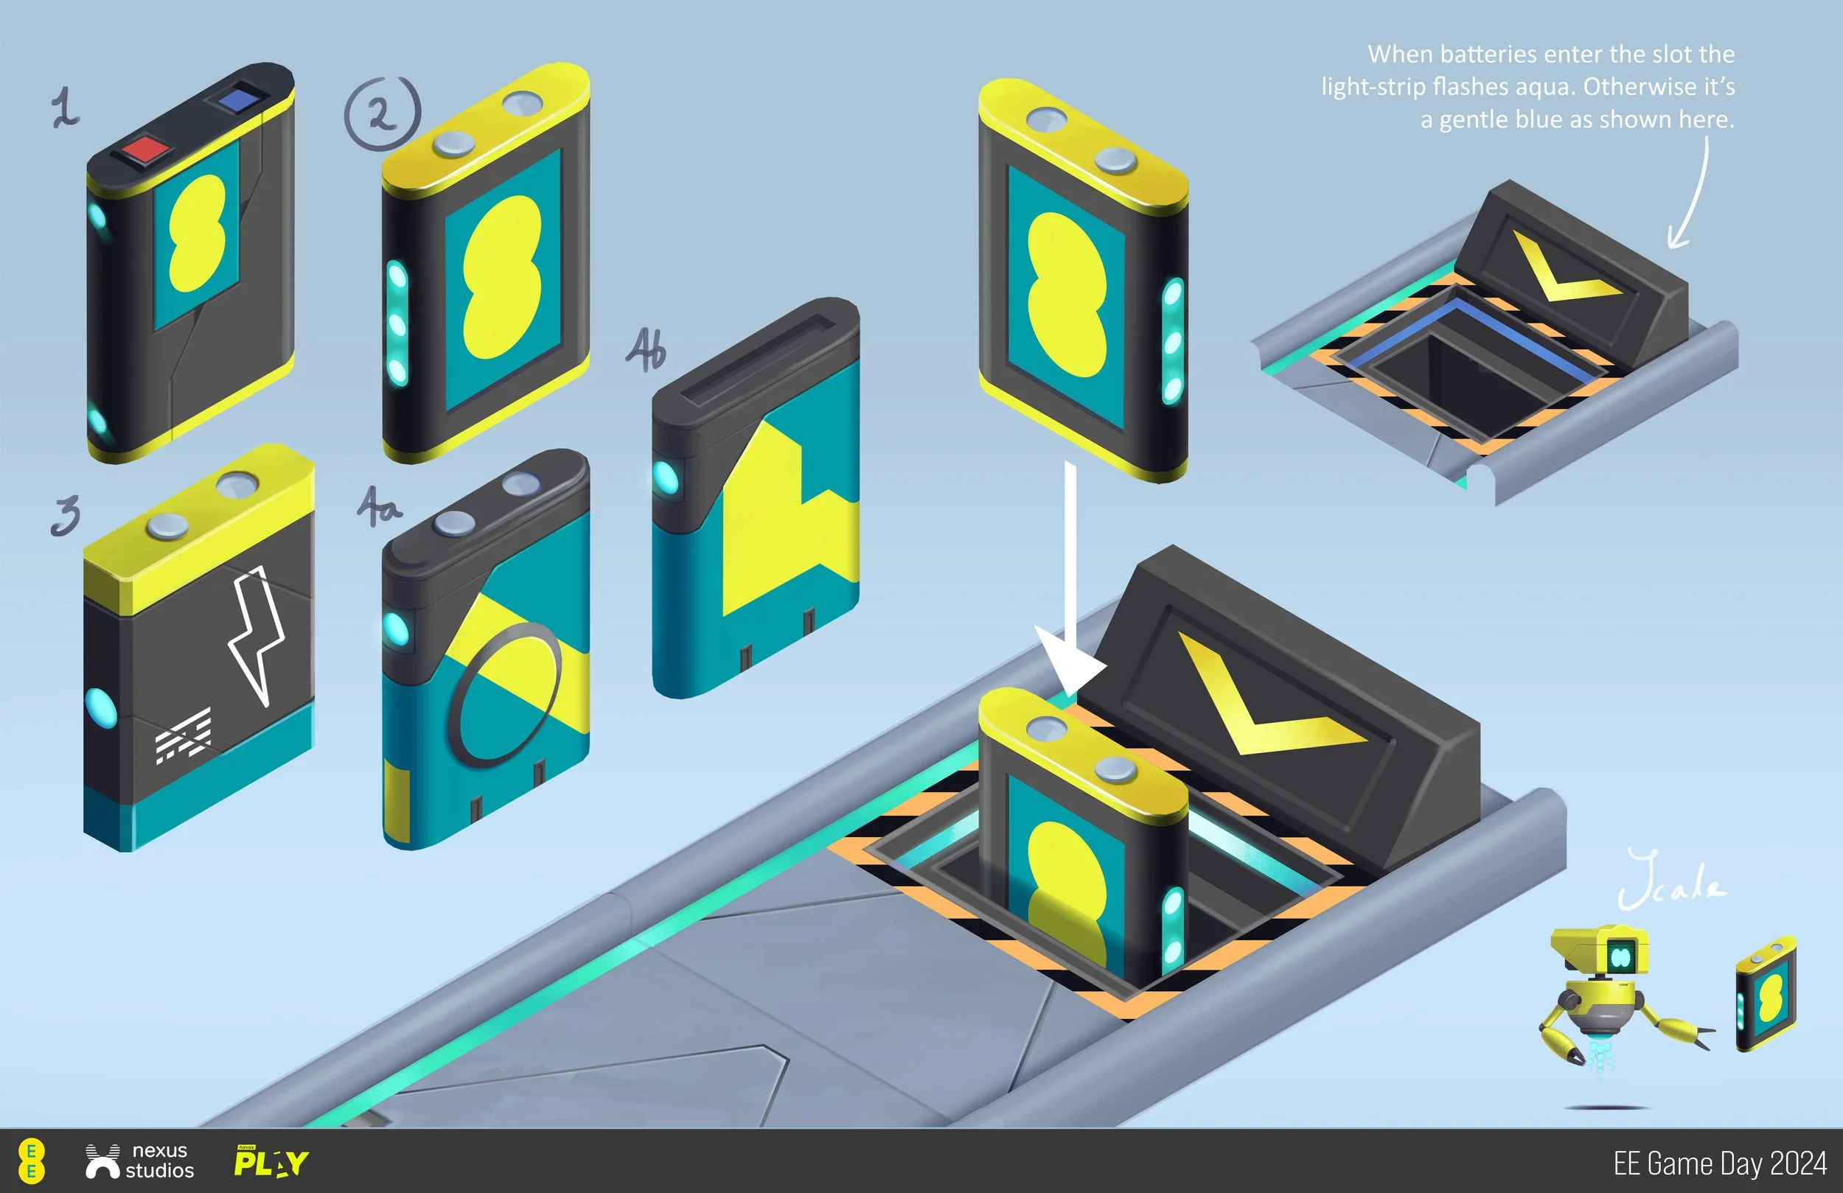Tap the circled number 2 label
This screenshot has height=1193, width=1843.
pos(383,113)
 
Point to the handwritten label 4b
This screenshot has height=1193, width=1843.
pos(645,350)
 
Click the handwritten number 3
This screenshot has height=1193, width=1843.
pos(66,516)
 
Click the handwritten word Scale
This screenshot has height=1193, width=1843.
pos(1671,883)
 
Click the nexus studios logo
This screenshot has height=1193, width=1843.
pos(140,1161)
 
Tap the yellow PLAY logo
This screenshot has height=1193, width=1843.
pos(271,1161)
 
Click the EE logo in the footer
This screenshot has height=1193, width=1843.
pos(31,1161)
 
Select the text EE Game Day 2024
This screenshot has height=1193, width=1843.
pos(1719,1163)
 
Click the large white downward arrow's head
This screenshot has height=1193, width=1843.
pos(1070,666)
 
